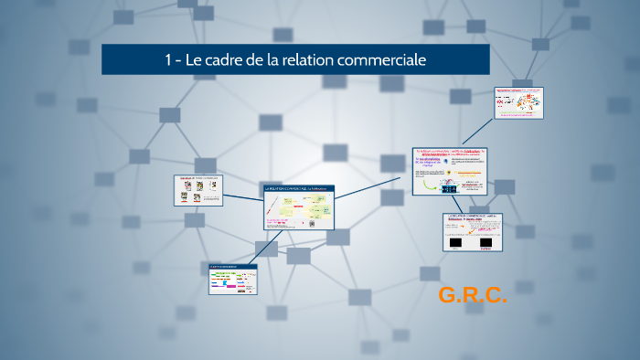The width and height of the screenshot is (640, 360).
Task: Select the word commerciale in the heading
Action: [390, 60]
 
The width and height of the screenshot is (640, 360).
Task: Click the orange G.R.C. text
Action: [472, 295]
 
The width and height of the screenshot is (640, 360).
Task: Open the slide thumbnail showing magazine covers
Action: [198, 190]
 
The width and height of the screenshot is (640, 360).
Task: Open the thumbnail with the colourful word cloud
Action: [518, 102]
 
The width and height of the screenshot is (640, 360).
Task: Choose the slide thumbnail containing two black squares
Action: [474, 232]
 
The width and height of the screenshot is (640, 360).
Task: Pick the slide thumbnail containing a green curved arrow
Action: [450, 171]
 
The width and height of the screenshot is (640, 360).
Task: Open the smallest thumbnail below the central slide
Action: [233, 279]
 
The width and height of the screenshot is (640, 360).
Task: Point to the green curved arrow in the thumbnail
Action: [427, 185]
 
